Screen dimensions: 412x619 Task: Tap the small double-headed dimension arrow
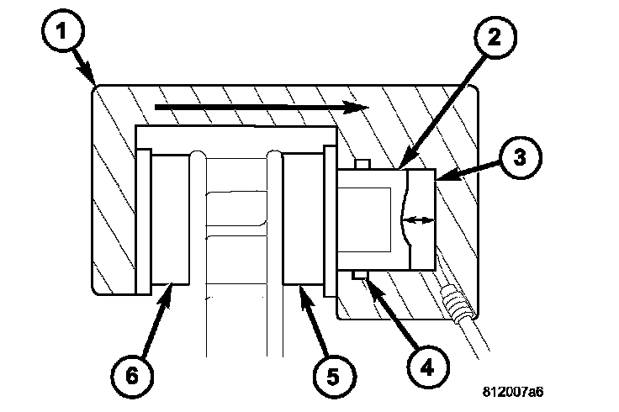coord(419,220)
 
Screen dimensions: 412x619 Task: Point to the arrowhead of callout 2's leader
coord(401,166)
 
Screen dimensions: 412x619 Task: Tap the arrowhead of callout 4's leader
coord(364,281)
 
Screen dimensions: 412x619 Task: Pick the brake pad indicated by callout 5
coord(303,219)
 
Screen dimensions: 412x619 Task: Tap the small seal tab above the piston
coord(362,163)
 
